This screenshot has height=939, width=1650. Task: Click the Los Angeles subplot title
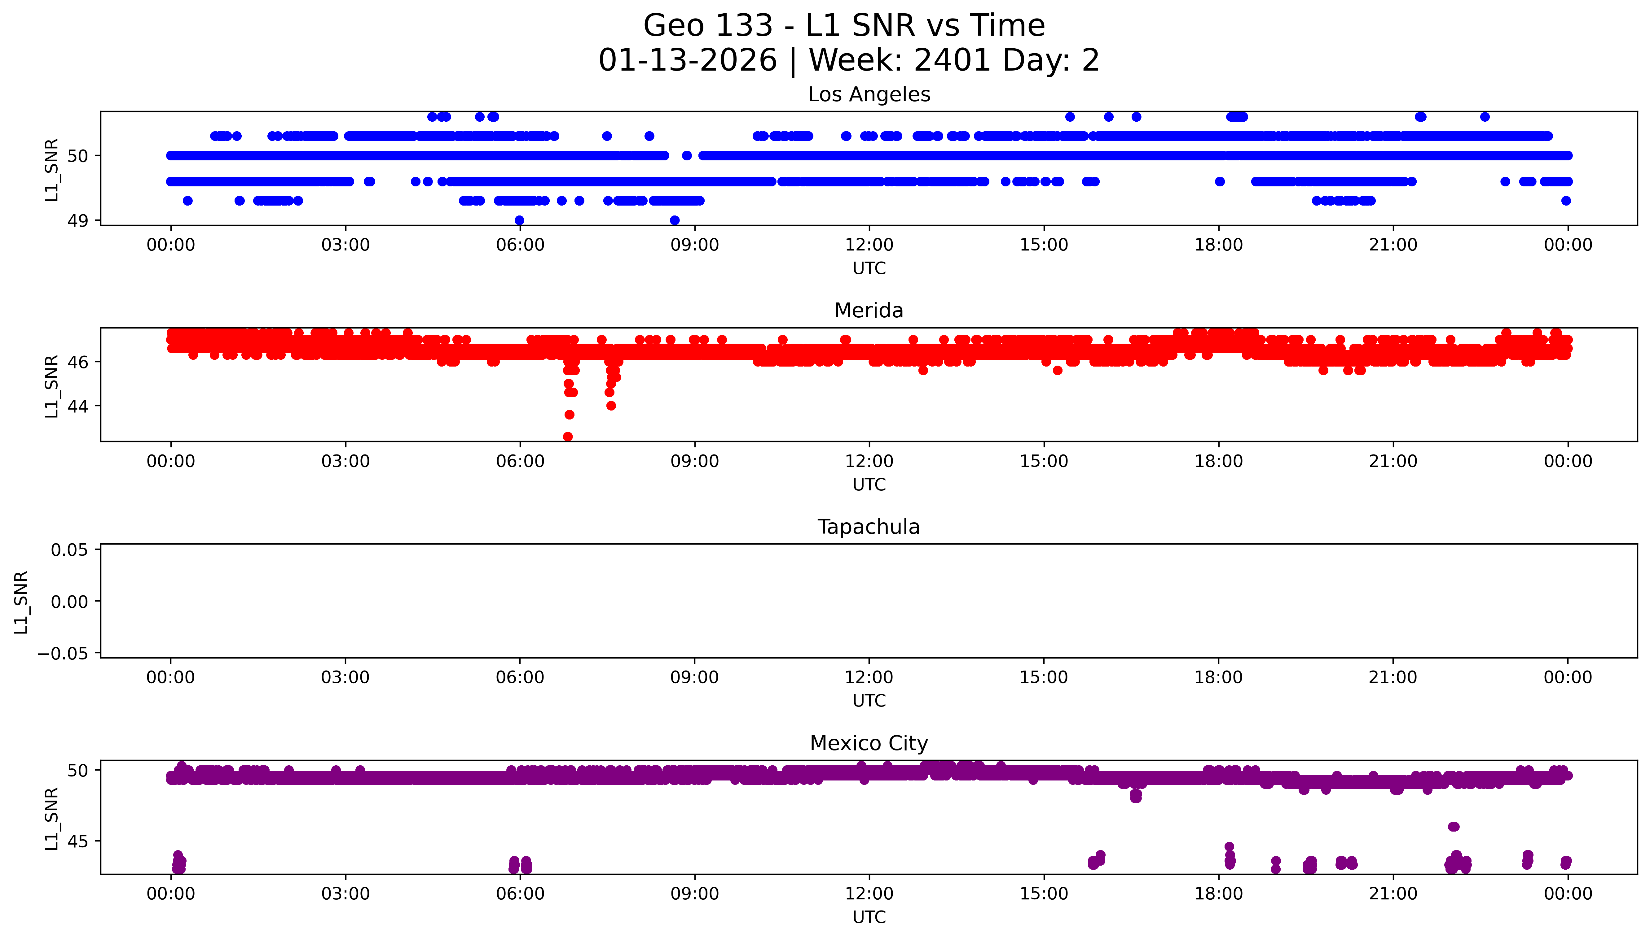tap(869, 95)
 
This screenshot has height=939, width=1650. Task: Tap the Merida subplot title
tap(869, 311)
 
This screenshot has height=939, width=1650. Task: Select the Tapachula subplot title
tap(869, 527)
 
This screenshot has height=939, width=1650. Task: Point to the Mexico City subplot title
tap(869, 744)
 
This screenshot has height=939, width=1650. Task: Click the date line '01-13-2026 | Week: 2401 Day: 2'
tap(849, 61)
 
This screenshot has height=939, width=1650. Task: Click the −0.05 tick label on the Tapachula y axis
tap(63, 654)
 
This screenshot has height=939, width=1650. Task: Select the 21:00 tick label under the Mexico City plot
tap(1393, 894)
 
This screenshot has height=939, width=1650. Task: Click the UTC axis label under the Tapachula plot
tap(869, 701)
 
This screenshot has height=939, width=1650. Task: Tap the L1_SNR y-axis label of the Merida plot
tap(52, 386)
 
